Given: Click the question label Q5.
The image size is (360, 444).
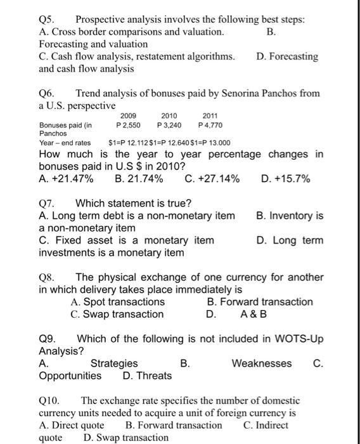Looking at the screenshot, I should click(x=47, y=20).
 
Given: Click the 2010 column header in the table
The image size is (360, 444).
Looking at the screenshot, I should click(x=169, y=116).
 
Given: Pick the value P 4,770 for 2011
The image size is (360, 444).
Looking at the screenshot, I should click(x=210, y=125).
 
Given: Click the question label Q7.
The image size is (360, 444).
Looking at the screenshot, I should click(x=48, y=204).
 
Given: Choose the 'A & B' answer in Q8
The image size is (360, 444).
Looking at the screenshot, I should click(x=254, y=314).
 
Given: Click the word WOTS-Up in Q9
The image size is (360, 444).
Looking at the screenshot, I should click(x=300, y=339).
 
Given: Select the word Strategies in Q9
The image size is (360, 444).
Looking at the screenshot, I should click(x=114, y=363).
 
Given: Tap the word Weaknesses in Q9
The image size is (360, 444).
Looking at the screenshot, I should click(x=262, y=363).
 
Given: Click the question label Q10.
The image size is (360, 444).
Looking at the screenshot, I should click(x=49, y=401).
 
